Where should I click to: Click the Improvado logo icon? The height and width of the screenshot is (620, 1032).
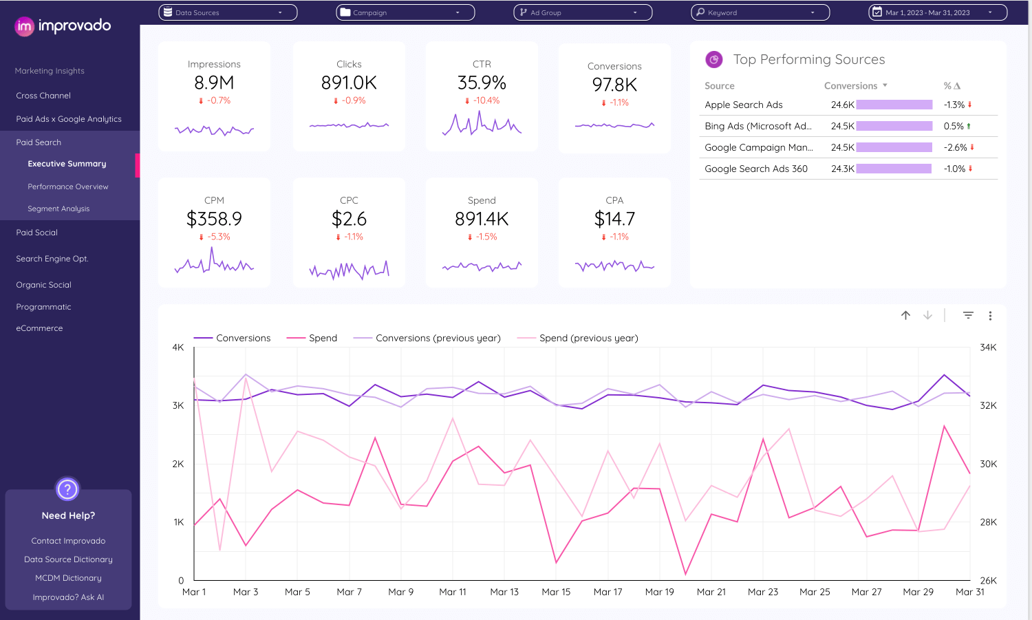(24, 26)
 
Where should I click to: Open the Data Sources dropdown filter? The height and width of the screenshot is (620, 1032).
(228, 12)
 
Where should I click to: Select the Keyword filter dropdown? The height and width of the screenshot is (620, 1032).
(760, 12)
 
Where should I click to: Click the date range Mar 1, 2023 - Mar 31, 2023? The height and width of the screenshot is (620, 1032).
(937, 12)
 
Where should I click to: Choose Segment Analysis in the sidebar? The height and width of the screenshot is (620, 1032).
(58, 209)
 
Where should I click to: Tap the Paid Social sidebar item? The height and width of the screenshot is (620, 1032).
(37, 233)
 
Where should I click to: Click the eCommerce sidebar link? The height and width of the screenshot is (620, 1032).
(39, 328)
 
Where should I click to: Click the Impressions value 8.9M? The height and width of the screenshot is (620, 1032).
(214, 83)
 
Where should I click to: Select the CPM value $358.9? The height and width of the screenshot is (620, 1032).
(214, 220)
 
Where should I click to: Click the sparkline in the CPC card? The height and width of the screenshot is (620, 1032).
(349, 269)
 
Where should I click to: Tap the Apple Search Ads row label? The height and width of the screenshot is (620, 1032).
(744, 105)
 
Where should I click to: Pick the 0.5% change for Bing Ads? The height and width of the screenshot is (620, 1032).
(954, 126)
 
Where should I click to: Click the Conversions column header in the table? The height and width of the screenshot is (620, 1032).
(851, 86)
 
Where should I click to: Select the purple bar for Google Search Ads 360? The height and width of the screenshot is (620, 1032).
(894, 169)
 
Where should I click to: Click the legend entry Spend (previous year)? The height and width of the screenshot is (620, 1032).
(588, 338)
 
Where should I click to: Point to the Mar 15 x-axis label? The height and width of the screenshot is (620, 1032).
(556, 592)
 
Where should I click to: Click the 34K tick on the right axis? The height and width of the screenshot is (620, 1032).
(988, 348)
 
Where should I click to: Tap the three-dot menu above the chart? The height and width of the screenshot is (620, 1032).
(990, 316)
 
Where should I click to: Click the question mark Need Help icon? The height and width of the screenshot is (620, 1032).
(67, 489)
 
